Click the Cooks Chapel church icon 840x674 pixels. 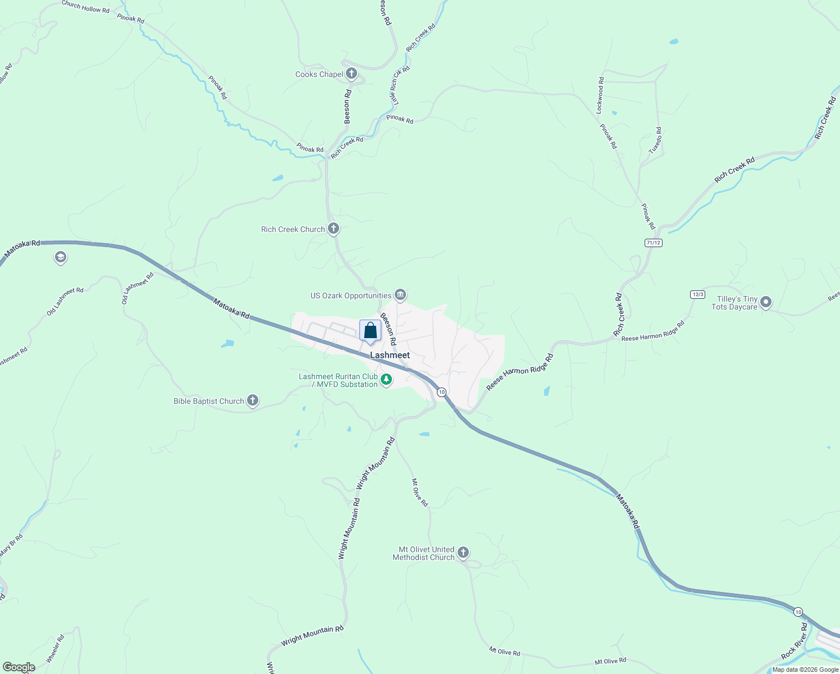click(351, 74)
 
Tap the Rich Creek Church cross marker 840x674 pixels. click(334, 229)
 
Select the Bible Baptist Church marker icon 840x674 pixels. click(253, 400)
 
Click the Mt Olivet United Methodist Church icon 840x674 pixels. click(463, 553)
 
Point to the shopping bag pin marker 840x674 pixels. click(370, 331)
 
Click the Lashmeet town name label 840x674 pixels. click(390, 355)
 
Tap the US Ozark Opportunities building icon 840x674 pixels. click(400, 294)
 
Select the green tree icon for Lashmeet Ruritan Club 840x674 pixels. click(386, 380)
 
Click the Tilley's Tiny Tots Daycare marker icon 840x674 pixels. click(766, 303)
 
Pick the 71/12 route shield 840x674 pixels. click(654, 243)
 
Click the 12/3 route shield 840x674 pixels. click(697, 294)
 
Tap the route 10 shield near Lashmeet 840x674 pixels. click(442, 392)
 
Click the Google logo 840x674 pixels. click(19, 667)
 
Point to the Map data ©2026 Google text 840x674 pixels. click(805, 670)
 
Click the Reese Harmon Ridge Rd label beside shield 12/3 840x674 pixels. click(653, 332)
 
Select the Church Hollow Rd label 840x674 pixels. click(85, 7)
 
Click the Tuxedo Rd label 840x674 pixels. click(655, 141)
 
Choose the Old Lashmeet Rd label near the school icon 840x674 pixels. click(65, 301)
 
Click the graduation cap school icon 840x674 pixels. click(60, 258)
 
